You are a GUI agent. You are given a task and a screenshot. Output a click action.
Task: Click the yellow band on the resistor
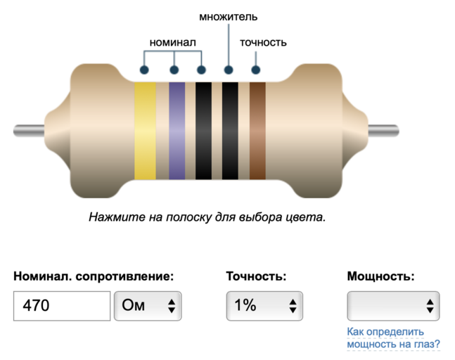click(x=145, y=131)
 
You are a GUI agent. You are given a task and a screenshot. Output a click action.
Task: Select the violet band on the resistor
click(x=177, y=131)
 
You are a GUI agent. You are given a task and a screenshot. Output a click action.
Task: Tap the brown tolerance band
click(x=257, y=131)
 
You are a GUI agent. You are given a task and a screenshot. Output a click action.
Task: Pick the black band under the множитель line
click(x=230, y=131)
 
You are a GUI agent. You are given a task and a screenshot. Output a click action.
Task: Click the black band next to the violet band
click(x=203, y=131)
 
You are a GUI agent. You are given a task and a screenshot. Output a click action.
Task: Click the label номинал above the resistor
click(x=172, y=42)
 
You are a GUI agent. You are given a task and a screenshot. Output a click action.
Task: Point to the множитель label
click(x=228, y=16)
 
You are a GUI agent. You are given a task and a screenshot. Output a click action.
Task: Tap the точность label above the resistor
click(x=263, y=42)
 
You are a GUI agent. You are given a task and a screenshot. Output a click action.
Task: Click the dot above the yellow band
click(x=144, y=70)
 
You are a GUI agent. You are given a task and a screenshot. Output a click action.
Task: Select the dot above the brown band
click(x=255, y=70)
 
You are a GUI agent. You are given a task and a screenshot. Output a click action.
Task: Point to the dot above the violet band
click(x=174, y=70)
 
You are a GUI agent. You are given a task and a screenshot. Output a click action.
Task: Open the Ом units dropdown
click(x=148, y=306)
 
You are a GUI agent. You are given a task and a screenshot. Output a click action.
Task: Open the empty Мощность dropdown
click(x=394, y=306)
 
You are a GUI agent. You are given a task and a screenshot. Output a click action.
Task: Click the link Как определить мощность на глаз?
click(x=393, y=337)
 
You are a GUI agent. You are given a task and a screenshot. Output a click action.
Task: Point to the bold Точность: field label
click(x=256, y=276)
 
